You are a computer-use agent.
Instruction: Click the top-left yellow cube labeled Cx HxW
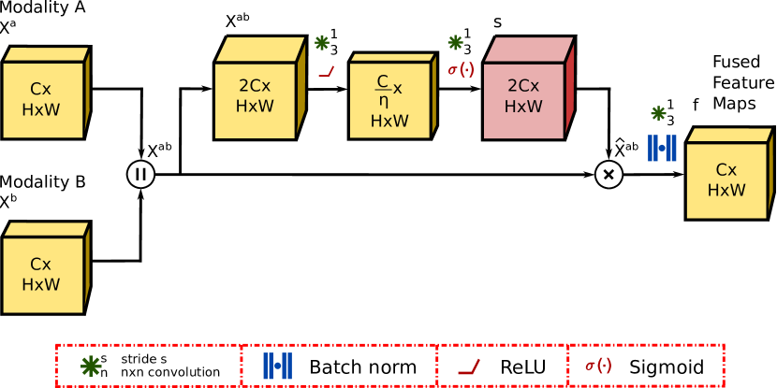tap(43, 98)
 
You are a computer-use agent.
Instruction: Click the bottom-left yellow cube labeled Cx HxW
tap(43, 273)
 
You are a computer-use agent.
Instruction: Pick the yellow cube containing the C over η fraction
tap(389, 99)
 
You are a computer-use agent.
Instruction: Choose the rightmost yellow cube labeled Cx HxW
tap(726, 179)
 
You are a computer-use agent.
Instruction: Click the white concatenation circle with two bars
tap(140, 174)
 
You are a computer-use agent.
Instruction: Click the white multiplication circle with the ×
tap(608, 174)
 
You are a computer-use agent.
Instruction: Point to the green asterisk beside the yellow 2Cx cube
tap(322, 42)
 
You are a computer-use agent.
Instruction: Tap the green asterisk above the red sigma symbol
tap(455, 42)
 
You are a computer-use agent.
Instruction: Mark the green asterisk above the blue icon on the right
tap(658, 113)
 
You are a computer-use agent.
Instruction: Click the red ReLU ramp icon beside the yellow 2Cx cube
tap(326, 71)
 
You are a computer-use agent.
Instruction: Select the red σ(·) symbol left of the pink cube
tap(461, 70)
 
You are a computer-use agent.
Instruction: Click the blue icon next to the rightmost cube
tap(662, 148)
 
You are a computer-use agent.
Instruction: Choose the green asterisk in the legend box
tap(91, 366)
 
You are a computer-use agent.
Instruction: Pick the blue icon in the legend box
tap(277, 366)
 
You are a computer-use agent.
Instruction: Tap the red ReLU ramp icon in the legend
tap(469, 367)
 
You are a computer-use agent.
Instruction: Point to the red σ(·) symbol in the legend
tap(598, 366)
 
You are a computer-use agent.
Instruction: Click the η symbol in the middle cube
tap(384, 101)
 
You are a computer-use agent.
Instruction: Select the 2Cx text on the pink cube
tap(523, 86)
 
